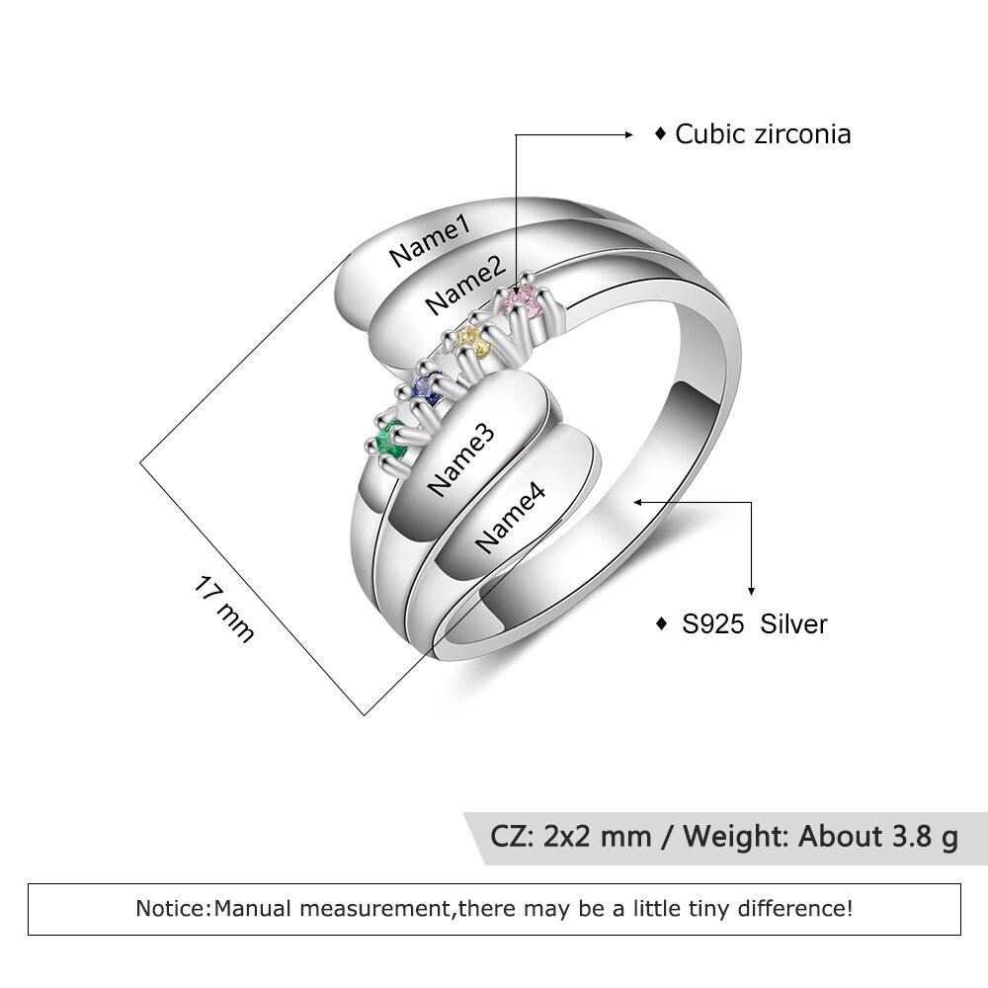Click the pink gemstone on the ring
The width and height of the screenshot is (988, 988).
click(524, 300)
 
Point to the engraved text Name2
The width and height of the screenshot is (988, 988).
click(465, 286)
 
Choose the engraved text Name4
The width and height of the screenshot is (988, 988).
click(511, 521)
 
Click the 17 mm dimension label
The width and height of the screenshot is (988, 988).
click(224, 608)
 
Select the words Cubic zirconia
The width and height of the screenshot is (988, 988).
click(763, 134)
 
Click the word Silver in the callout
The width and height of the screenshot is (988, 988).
click(793, 624)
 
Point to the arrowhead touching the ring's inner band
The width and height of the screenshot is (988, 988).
click(641, 503)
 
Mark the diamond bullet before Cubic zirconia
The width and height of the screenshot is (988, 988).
click(660, 134)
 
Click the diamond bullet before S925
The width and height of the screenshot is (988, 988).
click(660, 624)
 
